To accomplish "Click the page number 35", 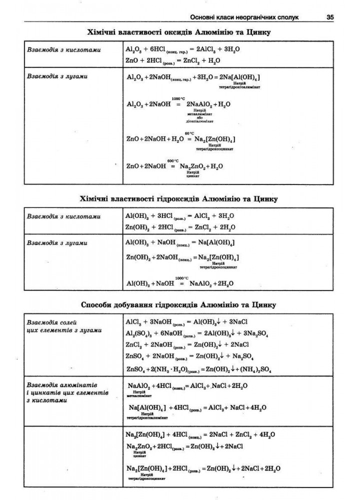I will click(x=329, y=17).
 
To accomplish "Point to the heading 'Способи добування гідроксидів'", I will click(x=178, y=304).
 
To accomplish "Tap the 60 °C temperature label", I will click(x=189, y=133).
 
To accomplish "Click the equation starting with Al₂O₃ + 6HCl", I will click(x=183, y=50).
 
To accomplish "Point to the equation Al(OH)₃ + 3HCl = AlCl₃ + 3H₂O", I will click(x=180, y=216).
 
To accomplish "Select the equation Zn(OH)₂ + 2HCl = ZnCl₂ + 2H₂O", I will click(x=180, y=227).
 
